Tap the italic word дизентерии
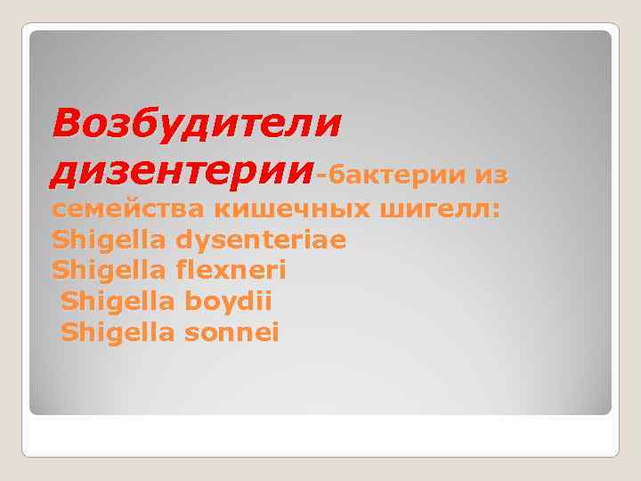(x=183, y=170)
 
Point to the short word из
(x=491, y=176)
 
